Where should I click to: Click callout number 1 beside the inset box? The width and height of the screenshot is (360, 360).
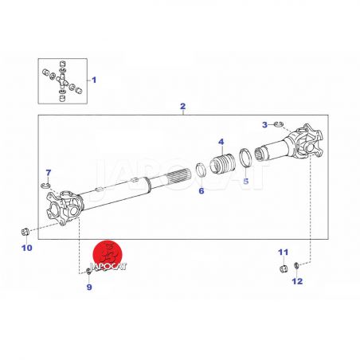point(94,80)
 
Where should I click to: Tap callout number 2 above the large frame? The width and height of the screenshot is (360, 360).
point(182,107)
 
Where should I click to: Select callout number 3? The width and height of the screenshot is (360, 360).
point(264,125)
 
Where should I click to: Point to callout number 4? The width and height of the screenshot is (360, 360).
point(221,142)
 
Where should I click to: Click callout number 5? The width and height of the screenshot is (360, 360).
point(246,182)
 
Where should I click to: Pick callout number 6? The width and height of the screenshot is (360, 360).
point(202,190)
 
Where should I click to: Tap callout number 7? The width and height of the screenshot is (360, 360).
point(49,173)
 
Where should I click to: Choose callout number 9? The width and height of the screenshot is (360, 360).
point(89,287)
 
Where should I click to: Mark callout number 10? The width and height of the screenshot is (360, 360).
point(27,248)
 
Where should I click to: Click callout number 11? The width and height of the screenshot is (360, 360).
point(283,252)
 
